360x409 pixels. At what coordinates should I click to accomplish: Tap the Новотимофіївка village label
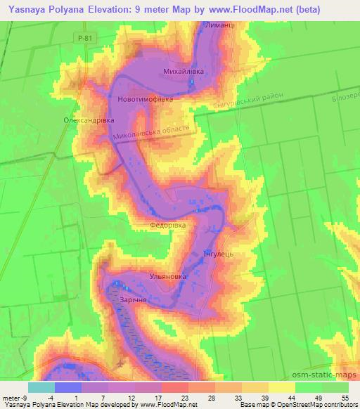click(x=146, y=99)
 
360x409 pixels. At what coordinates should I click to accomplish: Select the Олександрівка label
click(x=89, y=120)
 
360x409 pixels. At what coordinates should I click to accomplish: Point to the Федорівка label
click(x=167, y=226)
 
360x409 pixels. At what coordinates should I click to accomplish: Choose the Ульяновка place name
click(x=168, y=278)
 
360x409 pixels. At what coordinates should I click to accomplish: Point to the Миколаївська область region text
click(x=153, y=132)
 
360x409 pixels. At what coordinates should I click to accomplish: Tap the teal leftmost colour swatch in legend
click(x=41, y=387)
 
